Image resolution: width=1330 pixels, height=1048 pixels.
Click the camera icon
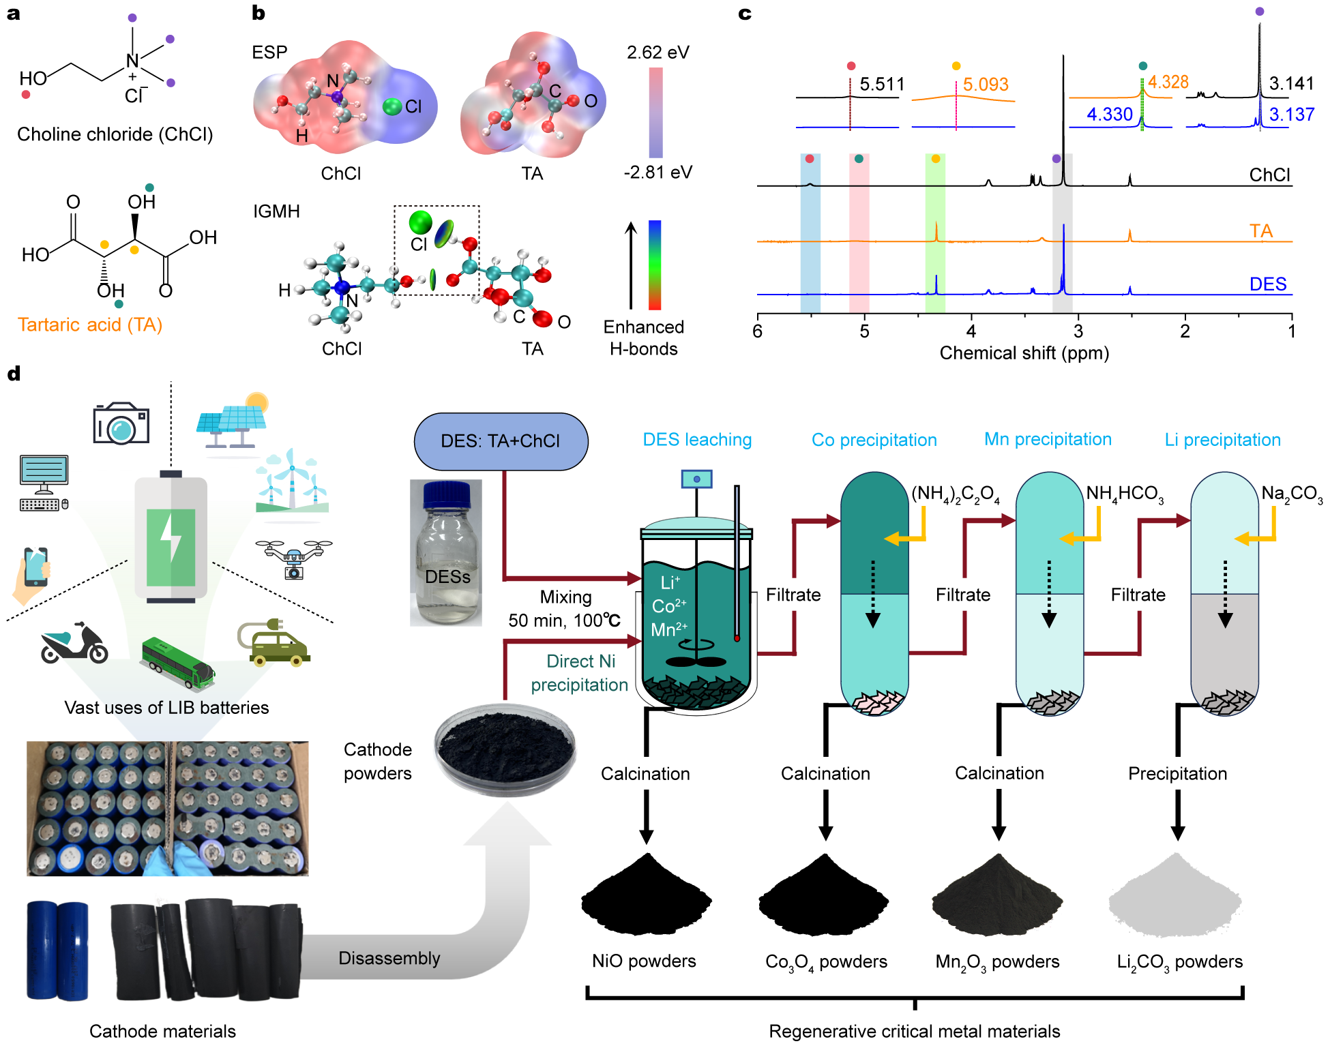pos(121,423)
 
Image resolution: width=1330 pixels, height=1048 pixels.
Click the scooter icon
pos(74,643)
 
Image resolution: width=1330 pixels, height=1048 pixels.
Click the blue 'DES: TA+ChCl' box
pos(501,441)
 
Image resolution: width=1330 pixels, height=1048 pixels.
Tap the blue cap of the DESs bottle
pos(447,495)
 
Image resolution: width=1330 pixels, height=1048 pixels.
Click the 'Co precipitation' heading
pos(874,440)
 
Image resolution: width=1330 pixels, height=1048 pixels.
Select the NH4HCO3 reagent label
pos(1124,494)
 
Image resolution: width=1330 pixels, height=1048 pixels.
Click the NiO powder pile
pos(645,896)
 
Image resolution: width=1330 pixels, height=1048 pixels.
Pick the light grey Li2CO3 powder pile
pos(1175,896)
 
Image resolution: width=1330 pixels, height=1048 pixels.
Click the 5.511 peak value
pos(882,85)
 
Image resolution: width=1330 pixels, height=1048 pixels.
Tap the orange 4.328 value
pos(1168,83)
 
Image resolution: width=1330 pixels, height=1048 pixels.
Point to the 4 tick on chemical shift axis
pos(971,331)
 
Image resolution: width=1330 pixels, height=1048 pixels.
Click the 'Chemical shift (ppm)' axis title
pos(1024,353)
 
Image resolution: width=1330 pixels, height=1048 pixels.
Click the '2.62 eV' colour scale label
pos(657,53)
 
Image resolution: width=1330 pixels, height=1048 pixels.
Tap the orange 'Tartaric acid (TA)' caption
pos(90,325)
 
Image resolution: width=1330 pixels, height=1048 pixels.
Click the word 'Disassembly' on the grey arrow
pos(389,958)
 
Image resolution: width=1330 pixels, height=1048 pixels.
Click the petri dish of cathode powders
pos(505,751)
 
